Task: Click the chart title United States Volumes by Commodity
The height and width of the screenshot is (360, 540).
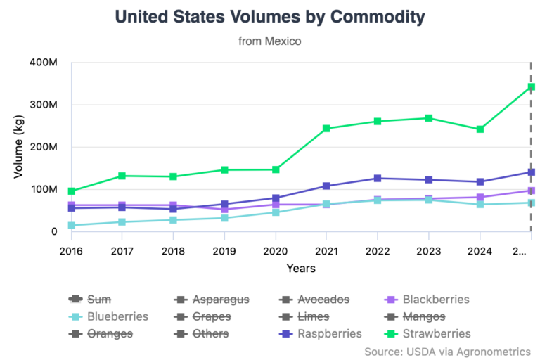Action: (x=270, y=16)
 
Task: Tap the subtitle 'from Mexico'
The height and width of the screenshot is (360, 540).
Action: (x=270, y=41)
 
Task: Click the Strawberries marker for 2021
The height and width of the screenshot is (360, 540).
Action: (x=326, y=129)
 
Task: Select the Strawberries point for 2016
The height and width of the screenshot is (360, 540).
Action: (x=71, y=191)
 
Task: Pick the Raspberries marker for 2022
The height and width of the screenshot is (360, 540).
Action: (x=378, y=179)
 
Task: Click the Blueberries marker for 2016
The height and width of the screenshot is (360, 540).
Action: (x=71, y=226)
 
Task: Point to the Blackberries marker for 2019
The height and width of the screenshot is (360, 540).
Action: (x=224, y=210)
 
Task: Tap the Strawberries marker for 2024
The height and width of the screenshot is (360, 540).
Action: (x=480, y=129)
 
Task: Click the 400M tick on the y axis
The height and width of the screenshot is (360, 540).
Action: (x=44, y=63)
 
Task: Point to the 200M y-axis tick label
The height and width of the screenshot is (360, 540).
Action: (x=44, y=148)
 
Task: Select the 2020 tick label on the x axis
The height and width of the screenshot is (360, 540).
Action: (x=275, y=250)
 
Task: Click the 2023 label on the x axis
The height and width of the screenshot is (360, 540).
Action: (x=428, y=250)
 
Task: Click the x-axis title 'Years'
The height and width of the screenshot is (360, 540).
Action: (x=301, y=269)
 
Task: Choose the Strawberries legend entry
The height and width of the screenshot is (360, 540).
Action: (x=435, y=333)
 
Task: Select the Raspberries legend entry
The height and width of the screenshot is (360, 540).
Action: (x=328, y=333)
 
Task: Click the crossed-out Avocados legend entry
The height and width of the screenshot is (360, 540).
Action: (x=323, y=300)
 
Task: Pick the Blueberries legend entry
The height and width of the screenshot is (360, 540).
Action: (x=117, y=316)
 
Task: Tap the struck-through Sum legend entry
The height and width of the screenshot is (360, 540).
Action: (x=98, y=300)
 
